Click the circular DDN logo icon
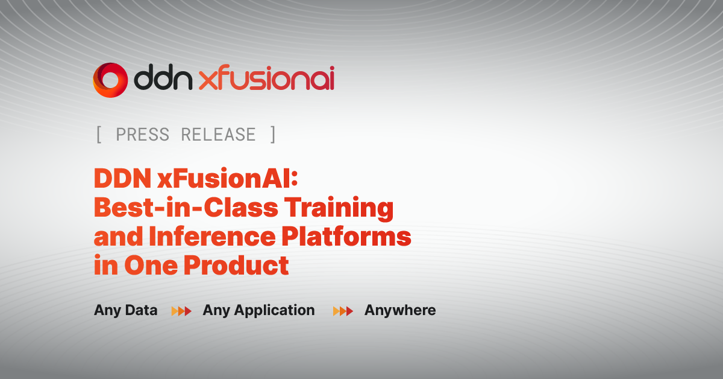click(110, 80)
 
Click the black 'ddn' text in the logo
click(163, 77)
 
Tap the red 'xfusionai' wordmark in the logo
click(266, 77)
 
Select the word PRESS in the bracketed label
click(142, 135)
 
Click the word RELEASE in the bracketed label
click(219, 135)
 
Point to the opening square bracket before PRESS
click(99, 135)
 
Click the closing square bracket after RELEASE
click(273, 135)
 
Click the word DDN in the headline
click(123, 178)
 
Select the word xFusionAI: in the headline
click(228, 178)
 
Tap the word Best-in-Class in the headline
click(186, 207)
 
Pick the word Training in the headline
click(339, 209)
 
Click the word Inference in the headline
click(212, 237)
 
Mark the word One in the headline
click(151, 265)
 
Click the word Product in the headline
click(236, 265)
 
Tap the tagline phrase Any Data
click(125, 310)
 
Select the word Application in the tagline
click(274, 310)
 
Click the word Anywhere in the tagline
click(400, 310)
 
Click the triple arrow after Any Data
click(181, 311)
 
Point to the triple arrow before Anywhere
click(343, 311)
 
